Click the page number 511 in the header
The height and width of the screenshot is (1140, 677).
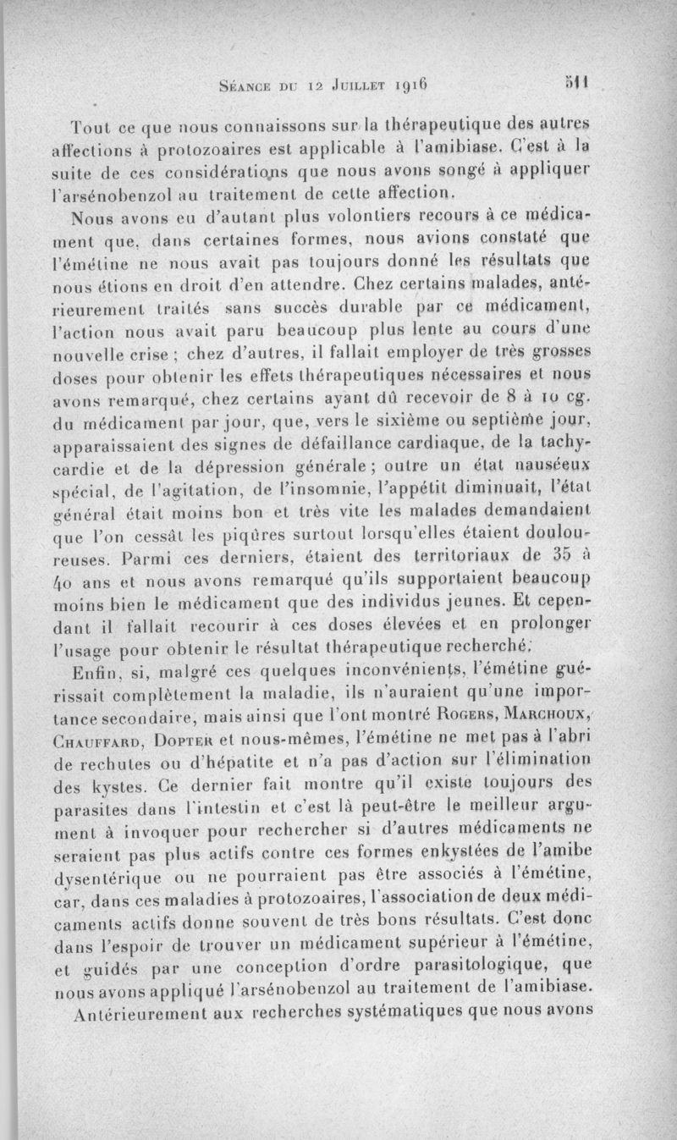coord(578,84)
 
